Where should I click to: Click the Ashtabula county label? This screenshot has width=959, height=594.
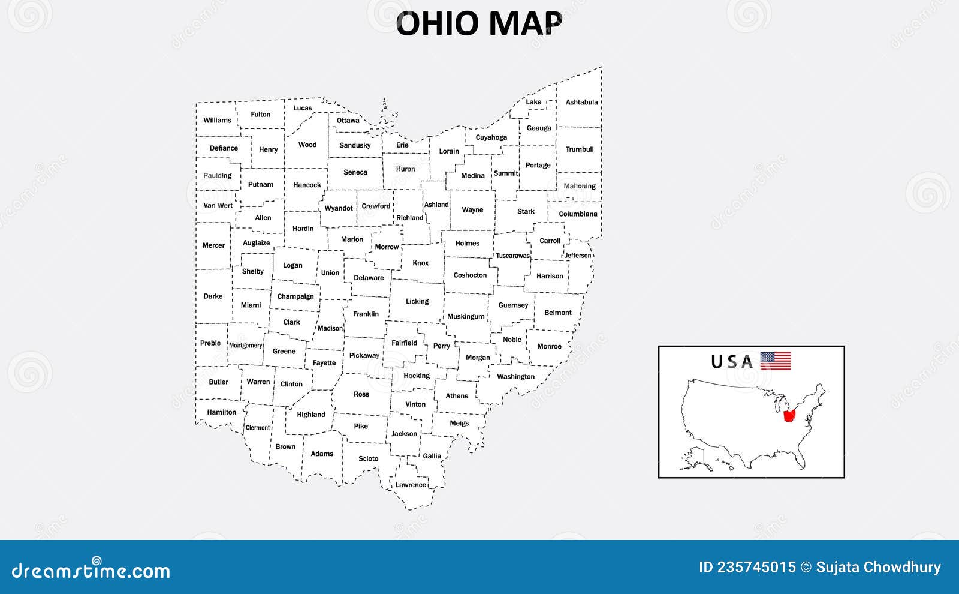point(581,102)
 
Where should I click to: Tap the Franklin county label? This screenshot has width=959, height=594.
point(366,314)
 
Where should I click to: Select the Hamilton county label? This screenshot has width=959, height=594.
point(222,412)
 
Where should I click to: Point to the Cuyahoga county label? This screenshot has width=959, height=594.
point(491,137)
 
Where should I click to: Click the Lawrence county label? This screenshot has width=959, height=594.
point(411,485)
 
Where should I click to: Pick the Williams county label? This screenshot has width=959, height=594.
point(217,120)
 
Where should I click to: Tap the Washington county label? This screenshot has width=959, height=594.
point(515,377)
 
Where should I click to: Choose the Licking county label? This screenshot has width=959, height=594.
point(417,301)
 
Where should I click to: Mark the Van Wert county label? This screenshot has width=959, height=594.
point(218,205)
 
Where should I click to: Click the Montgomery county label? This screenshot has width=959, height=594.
point(246,346)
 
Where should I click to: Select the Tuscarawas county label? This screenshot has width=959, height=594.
point(512,256)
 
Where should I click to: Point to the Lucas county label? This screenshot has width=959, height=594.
point(303,108)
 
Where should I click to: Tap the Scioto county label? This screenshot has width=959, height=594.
point(369,458)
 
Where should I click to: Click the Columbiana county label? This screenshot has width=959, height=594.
point(578,214)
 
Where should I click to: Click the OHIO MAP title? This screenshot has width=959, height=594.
point(479,24)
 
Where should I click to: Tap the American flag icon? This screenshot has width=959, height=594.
point(776,361)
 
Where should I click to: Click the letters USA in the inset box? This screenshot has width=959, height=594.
point(732,362)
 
